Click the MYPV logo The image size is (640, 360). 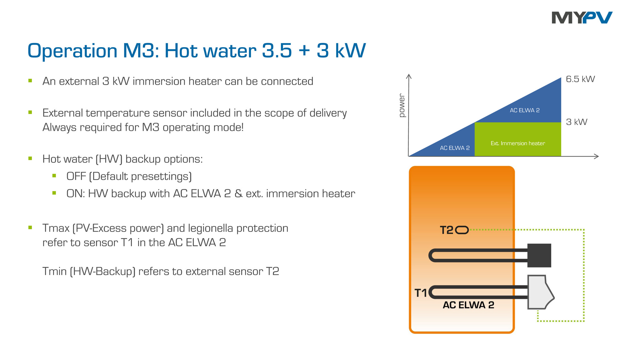(x=582, y=18)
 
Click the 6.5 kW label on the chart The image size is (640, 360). (x=580, y=79)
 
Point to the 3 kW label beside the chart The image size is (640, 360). (x=577, y=122)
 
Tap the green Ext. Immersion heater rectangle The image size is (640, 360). (x=517, y=139)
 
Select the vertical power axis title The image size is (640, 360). (x=402, y=106)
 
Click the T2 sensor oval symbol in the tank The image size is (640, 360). (x=462, y=230)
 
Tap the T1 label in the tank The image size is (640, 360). (x=420, y=293)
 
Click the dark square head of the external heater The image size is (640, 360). (x=539, y=255)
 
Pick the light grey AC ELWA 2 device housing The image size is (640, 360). (x=538, y=292)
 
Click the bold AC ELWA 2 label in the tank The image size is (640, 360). (x=468, y=305)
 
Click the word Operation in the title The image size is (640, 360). (x=72, y=51)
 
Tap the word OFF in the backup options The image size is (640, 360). (x=76, y=176)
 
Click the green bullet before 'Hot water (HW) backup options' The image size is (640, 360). (x=30, y=158)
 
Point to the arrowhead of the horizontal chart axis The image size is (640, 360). (x=597, y=156)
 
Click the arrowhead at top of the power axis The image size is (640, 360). (x=408, y=76)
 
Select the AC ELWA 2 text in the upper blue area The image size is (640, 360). (x=524, y=110)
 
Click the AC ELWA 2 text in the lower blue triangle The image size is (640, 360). (x=454, y=148)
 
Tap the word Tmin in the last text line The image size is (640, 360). (x=54, y=271)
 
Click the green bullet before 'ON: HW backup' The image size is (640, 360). (x=54, y=193)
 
